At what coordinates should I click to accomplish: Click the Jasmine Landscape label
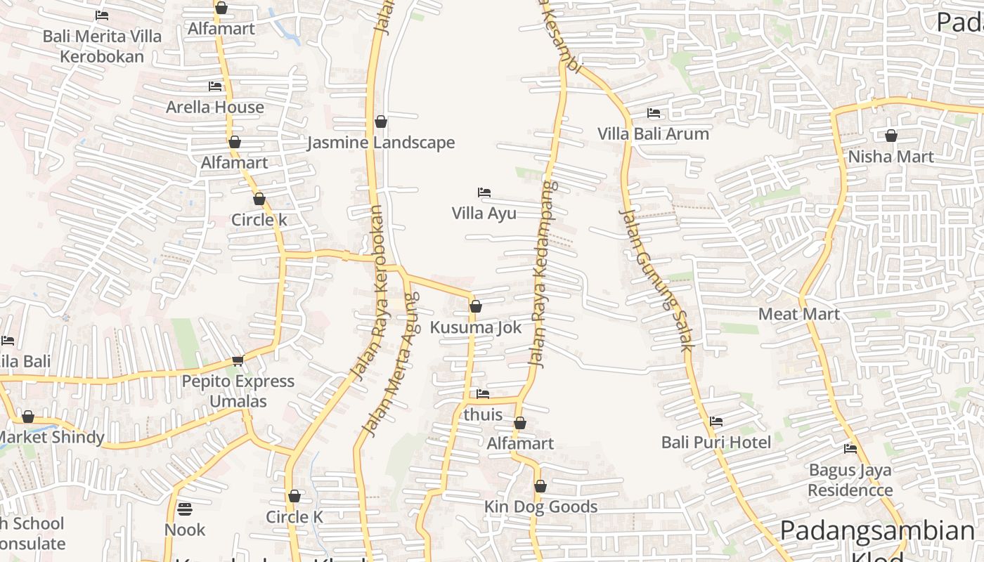tap(380, 143)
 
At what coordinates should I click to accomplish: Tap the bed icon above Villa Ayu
tap(484, 192)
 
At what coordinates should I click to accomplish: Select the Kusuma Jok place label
tap(476, 327)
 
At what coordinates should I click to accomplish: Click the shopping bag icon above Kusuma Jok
tap(476, 306)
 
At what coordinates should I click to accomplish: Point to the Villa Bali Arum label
tap(653, 133)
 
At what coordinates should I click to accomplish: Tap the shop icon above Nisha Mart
tap(891, 136)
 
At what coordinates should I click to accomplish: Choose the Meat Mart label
tap(799, 314)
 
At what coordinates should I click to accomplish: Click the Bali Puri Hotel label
tap(716, 442)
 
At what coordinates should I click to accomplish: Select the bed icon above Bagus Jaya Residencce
tap(850, 448)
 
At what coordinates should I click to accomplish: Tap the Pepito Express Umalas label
tap(238, 391)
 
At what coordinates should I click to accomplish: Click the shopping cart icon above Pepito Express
tap(238, 360)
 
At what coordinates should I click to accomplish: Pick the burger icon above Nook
tap(185, 509)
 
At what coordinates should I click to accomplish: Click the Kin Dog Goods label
tap(540, 507)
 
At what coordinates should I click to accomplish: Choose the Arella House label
tap(215, 107)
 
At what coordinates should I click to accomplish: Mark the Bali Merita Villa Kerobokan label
tap(102, 46)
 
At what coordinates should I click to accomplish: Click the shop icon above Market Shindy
tap(28, 417)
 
